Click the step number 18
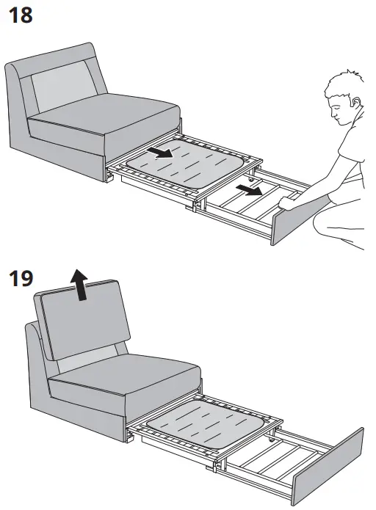[x=20, y=14]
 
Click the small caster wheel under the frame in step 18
[x=253, y=181]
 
